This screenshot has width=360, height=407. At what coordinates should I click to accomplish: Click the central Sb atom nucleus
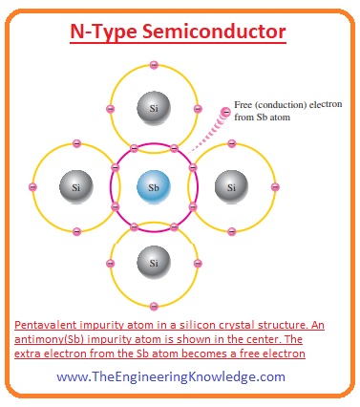152,185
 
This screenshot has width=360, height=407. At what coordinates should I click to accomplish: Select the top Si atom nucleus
152,108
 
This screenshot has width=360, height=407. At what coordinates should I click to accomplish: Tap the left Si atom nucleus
75,185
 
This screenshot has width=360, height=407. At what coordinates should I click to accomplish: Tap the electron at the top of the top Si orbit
152,65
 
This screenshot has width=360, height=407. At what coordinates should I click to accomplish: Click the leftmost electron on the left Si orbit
32,185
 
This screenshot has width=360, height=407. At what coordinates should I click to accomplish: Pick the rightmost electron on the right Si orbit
271,185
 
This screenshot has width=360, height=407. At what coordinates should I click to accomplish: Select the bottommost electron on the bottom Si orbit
152,304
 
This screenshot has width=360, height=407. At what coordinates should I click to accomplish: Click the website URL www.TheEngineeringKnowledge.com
170,376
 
